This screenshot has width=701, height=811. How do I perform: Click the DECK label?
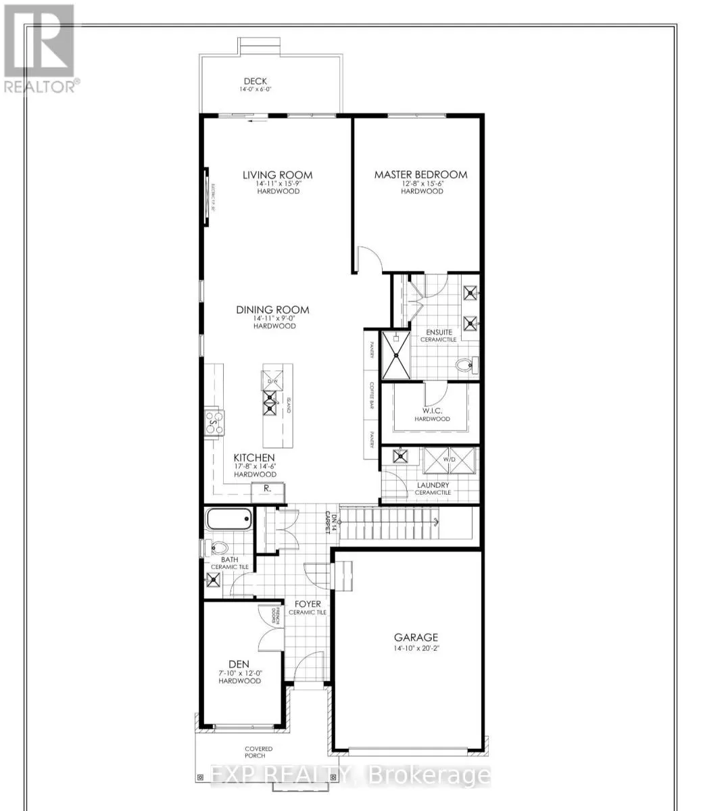(x=256, y=82)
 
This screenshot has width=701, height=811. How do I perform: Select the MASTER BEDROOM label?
(x=420, y=174)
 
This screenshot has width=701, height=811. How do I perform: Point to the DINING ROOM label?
(x=272, y=310)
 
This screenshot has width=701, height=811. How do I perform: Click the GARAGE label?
(x=416, y=637)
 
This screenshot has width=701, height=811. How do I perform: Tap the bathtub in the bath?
(x=228, y=520)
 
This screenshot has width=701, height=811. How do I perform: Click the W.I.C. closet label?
(x=433, y=410)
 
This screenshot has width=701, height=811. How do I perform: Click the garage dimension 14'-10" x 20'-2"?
(x=416, y=648)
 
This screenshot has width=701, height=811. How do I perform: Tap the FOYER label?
(x=307, y=604)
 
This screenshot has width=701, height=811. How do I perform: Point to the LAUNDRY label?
(x=433, y=485)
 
